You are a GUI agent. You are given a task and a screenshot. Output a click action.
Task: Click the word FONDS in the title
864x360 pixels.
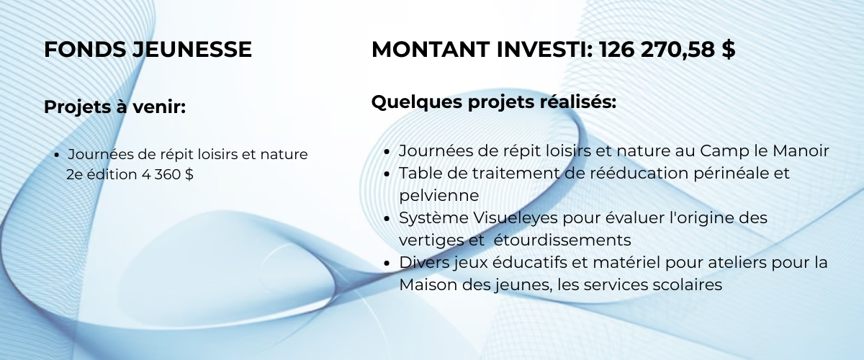pos(85,50)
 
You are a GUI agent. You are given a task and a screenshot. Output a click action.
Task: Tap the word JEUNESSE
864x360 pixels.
pos(192,50)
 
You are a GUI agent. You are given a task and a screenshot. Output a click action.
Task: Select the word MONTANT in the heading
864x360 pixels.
pos(431,50)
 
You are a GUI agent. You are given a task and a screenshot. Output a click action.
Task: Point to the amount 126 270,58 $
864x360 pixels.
pos(667,50)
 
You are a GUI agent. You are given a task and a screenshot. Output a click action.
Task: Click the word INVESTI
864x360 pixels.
pos(544,50)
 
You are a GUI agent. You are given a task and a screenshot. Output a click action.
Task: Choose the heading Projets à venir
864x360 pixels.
pos(115,107)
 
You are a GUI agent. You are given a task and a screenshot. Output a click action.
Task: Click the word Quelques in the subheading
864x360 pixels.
pos(417,102)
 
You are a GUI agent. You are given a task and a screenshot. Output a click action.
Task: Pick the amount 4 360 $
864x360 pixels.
pos(167,174)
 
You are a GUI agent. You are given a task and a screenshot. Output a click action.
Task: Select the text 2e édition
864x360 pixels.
pos(102,174)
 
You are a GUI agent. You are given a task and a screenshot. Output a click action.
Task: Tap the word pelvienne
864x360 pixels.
pos(439,196)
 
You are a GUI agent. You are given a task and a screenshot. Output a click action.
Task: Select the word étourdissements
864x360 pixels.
pos(562,240)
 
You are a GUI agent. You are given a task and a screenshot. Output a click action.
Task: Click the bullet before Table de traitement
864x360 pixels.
pos(387,174)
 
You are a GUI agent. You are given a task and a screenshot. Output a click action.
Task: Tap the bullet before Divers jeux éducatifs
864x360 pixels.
pos(387,263)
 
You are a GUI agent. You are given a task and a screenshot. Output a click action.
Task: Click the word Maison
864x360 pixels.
pos(428,285)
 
